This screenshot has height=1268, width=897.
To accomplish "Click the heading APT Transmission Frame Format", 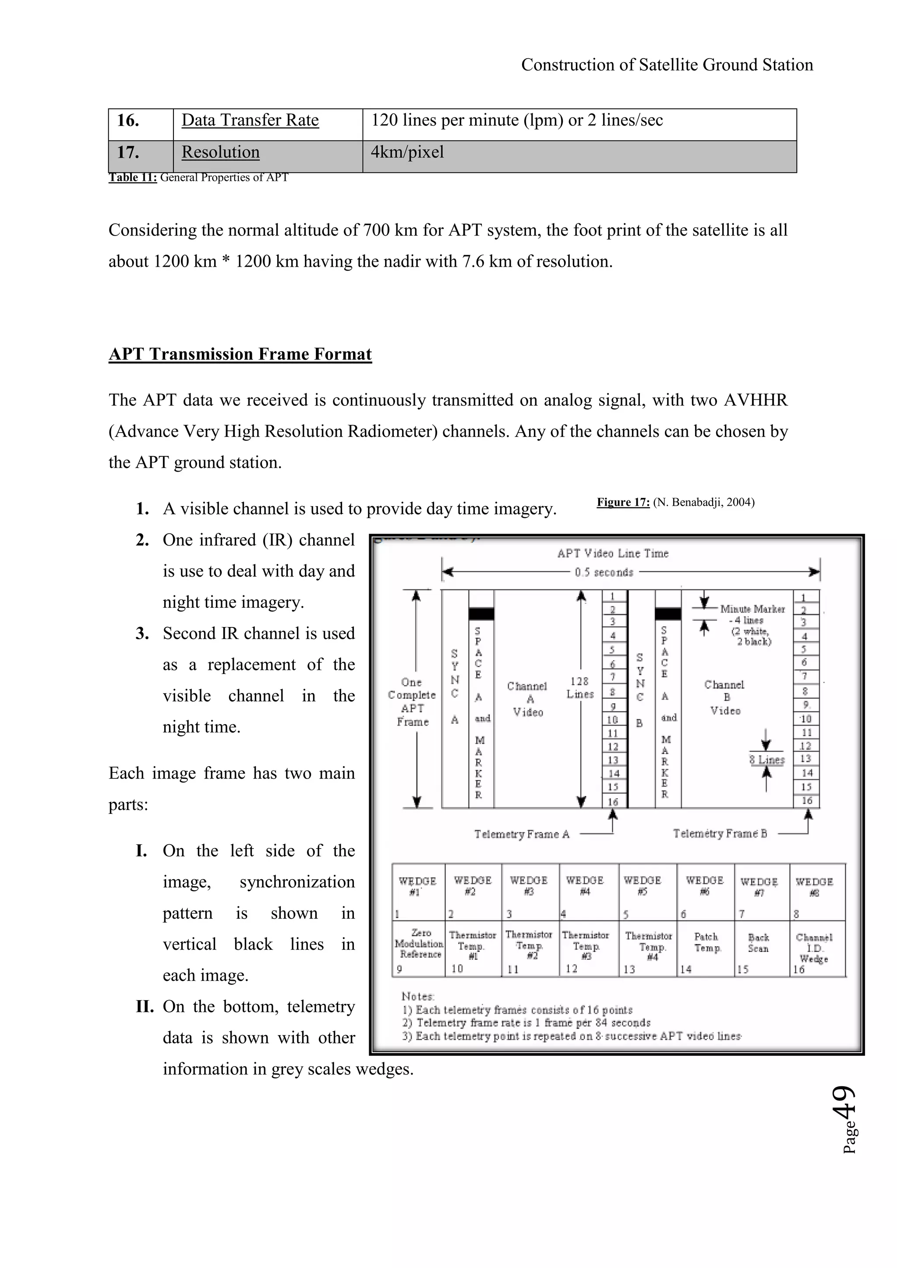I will pyautogui.click(x=240, y=354).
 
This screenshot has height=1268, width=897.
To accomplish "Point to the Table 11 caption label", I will pyautogui.click(x=133, y=177).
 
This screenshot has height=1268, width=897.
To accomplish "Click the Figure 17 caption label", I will pyautogui.click(x=623, y=502).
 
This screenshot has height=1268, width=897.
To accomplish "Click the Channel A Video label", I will pyautogui.click(x=527, y=699).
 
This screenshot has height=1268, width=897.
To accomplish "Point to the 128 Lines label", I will pyautogui.click(x=580, y=687).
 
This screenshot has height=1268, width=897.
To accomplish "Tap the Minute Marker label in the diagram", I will pyautogui.click(x=752, y=609).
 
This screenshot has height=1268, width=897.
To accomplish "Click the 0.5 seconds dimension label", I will pyautogui.click(x=604, y=573).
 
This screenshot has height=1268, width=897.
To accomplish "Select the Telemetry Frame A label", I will pyautogui.click(x=521, y=834).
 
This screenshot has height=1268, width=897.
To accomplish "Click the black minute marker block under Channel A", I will pyautogui.click(x=481, y=613).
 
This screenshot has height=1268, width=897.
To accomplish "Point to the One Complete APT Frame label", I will pyautogui.click(x=412, y=701).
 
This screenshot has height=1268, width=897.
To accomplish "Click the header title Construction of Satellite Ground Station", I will pyautogui.click(x=667, y=65).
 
